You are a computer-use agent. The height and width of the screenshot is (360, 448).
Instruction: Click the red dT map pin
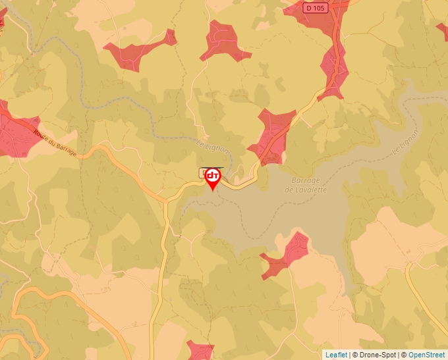click(x=213, y=176)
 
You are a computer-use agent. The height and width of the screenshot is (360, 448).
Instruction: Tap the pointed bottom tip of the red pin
click(x=213, y=191)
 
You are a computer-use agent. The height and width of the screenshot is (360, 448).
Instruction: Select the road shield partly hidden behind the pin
click(x=202, y=172)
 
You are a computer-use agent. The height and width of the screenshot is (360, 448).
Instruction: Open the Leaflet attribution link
click(x=336, y=355)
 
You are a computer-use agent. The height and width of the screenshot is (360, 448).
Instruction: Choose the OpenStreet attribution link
click(x=426, y=355)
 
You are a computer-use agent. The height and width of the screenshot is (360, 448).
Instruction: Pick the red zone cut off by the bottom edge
click(x=199, y=350)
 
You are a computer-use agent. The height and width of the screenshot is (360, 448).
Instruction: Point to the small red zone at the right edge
click(x=442, y=30)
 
